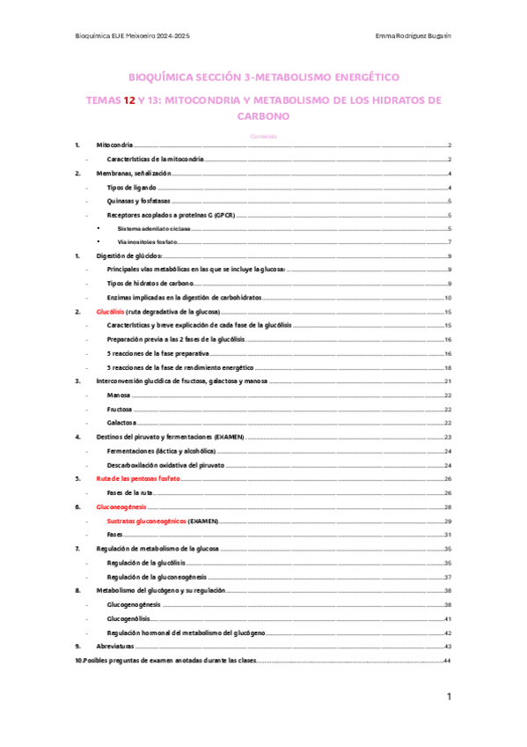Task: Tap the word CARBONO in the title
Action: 263,115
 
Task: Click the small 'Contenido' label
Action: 263,136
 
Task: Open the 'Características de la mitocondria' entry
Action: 155,159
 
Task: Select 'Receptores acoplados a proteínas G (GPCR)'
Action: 165,215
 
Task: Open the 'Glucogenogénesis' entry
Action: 134,604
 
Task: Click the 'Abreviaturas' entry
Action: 116,646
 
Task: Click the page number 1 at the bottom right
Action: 449,698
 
